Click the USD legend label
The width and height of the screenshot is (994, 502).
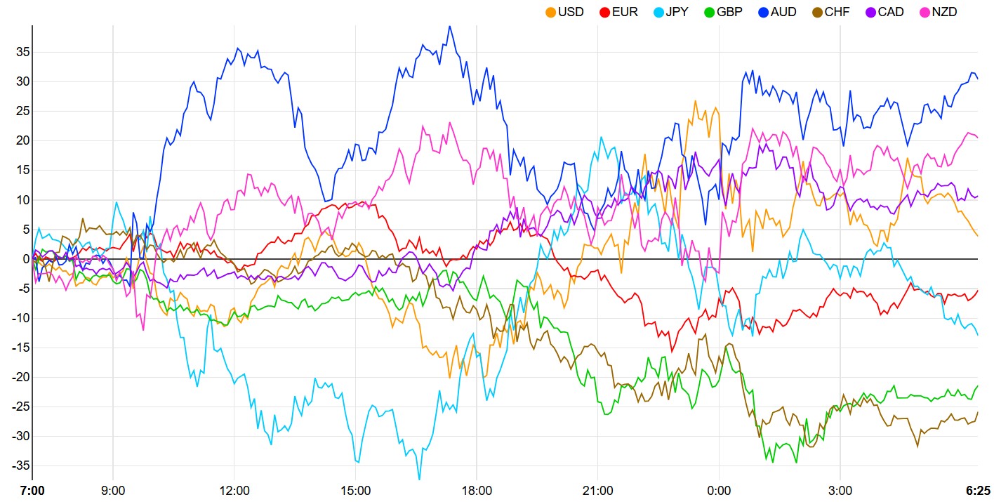pyautogui.click(x=571, y=12)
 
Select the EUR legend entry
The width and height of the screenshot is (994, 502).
pyautogui.click(x=625, y=12)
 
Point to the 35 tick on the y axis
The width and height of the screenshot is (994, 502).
pyautogui.click(x=21, y=52)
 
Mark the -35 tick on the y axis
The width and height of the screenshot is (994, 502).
pyautogui.click(x=19, y=465)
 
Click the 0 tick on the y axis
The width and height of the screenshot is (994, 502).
pyautogui.click(x=25, y=259)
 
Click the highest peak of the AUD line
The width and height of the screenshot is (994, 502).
pyautogui.click(x=450, y=27)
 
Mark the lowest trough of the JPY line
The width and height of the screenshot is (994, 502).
pyautogui.click(x=419, y=479)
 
